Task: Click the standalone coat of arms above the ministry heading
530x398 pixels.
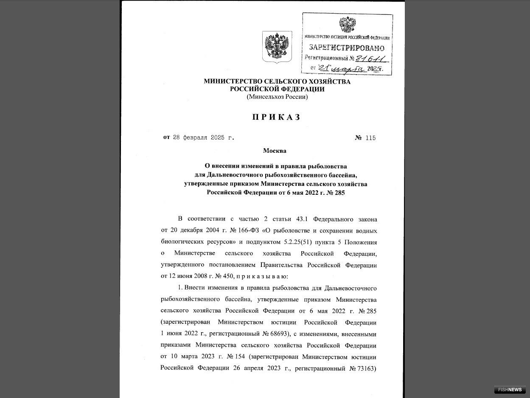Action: pyautogui.click(x=277, y=47)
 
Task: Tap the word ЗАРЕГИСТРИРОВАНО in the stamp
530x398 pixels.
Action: pyautogui.click(x=347, y=48)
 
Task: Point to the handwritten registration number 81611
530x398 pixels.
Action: pyautogui.click(x=370, y=59)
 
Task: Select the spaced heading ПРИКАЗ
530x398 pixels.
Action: pyautogui.click(x=277, y=118)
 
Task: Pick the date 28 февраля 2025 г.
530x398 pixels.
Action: pyautogui.click(x=203, y=138)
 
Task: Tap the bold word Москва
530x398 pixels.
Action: pyautogui.click(x=275, y=151)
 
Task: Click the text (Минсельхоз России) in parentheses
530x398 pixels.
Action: pyautogui.click(x=277, y=97)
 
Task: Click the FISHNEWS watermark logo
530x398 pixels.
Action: pyautogui.click(x=510, y=390)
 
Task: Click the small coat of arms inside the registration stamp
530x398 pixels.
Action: pyautogui.click(x=348, y=25)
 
